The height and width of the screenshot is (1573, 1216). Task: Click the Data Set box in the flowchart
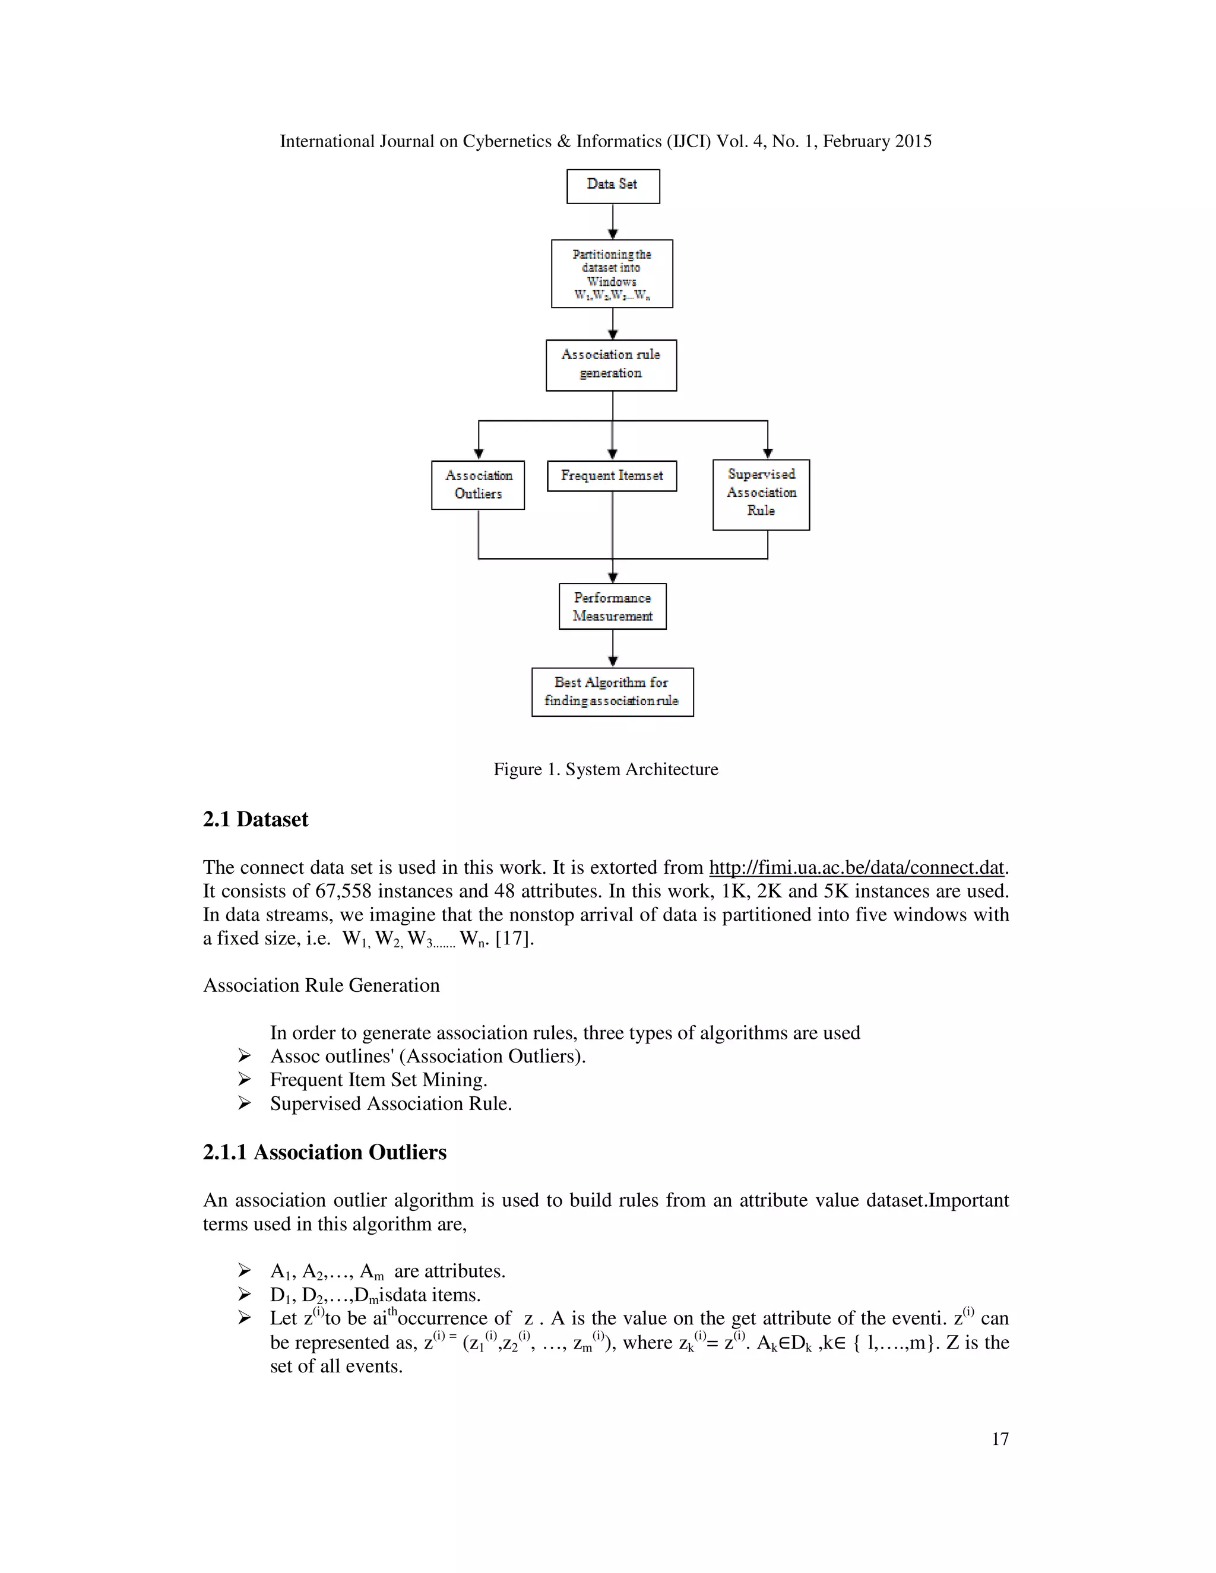pos(612,186)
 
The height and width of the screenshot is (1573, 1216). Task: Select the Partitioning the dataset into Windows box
pos(612,274)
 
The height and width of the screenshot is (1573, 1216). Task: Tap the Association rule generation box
pos(611,364)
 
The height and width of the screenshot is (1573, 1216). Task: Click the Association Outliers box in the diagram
pos(477,485)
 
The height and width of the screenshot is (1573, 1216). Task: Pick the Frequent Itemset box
pos(612,476)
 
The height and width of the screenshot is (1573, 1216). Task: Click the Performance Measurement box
pos(612,607)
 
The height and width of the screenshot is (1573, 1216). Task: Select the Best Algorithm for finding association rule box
pos(612,692)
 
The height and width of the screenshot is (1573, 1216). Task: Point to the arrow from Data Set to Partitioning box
pos(613,222)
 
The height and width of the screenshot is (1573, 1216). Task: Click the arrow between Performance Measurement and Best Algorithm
pos(613,648)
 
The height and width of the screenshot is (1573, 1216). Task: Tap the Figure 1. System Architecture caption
pos(605,769)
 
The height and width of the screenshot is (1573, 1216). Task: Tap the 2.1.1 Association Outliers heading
pos(324,1152)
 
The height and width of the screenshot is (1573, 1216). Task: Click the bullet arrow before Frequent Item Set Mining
pos(245,1080)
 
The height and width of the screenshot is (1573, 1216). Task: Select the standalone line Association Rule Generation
pos(321,985)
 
